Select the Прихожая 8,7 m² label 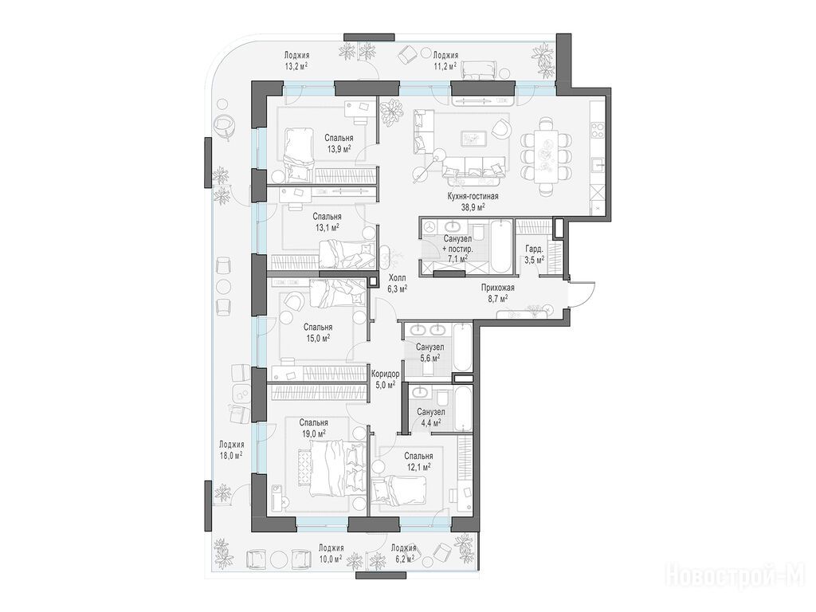[x=497, y=292]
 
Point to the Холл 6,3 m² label [x=397, y=283]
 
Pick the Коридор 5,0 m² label [x=385, y=379]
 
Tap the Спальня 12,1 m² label [x=418, y=461]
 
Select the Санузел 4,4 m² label [x=430, y=417]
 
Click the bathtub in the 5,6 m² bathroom [x=462, y=347]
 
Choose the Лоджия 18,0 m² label [x=231, y=449]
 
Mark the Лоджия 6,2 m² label [x=403, y=553]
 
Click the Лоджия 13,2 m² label [x=296, y=61]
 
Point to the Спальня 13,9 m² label [x=339, y=143]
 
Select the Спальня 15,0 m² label [x=318, y=332]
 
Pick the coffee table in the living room [x=473, y=138]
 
